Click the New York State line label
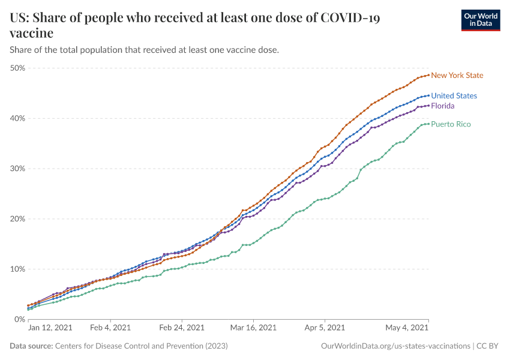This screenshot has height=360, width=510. pyautogui.click(x=457, y=76)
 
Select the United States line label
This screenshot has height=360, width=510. pyautogui.click(x=454, y=96)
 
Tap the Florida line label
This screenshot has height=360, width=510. pyautogui.click(x=443, y=106)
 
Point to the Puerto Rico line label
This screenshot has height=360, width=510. pyautogui.click(x=451, y=124)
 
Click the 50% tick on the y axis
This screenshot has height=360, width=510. pyautogui.click(x=17, y=68)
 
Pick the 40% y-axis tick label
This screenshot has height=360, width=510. pyautogui.click(x=17, y=118)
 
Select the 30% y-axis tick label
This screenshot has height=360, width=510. pyautogui.click(x=17, y=169)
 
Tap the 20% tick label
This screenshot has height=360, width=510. pyautogui.click(x=17, y=219)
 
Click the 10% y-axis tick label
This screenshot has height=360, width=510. pyautogui.click(x=17, y=269)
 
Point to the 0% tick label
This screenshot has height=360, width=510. pyautogui.click(x=20, y=319)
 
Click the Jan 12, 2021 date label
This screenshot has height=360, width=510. pyautogui.click(x=50, y=328)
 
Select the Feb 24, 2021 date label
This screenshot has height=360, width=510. pyautogui.click(x=181, y=328)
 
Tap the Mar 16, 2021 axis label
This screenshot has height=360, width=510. pyautogui.click(x=253, y=328)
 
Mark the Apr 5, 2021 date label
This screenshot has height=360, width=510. pyautogui.click(x=325, y=328)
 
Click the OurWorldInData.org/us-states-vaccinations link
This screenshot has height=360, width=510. pyautogui.click(x=395, y=346)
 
